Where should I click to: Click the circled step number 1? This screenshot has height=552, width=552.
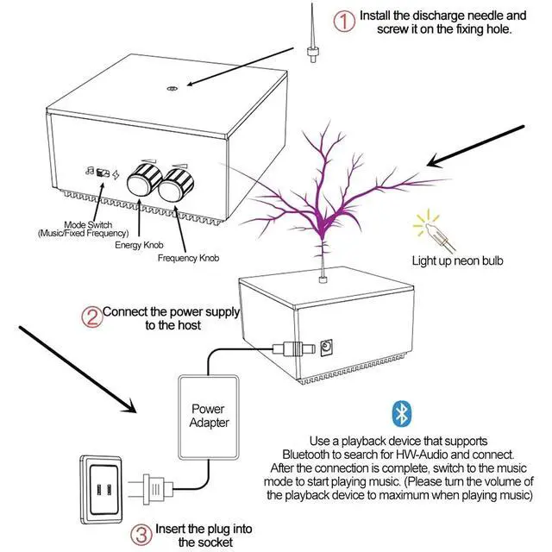point(344,21)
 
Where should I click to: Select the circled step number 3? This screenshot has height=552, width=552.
point(141,535)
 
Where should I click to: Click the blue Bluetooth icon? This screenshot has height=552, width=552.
point(402,414)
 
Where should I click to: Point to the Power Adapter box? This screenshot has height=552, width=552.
point(209,417)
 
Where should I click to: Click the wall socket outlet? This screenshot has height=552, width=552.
point(102,490)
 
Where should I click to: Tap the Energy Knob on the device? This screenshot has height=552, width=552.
point(144,179)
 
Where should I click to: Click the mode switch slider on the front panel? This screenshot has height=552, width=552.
point(103,172)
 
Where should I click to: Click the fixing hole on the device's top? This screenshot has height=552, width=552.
point(172,88)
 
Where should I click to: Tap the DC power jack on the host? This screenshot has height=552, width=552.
point(326,348)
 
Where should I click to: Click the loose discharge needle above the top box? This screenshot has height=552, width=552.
point(312,34)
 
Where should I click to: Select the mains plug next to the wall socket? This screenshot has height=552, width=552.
point(151,489)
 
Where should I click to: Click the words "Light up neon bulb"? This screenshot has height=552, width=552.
point(457,260)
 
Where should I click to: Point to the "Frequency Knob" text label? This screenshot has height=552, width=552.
point(188,258)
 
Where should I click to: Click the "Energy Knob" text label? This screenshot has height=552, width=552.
point(139,245)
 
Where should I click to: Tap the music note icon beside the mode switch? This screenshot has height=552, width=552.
point(90,171)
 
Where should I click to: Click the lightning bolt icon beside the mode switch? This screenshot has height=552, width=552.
point(116,175)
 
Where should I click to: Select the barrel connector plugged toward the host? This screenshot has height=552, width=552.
point(294,348)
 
